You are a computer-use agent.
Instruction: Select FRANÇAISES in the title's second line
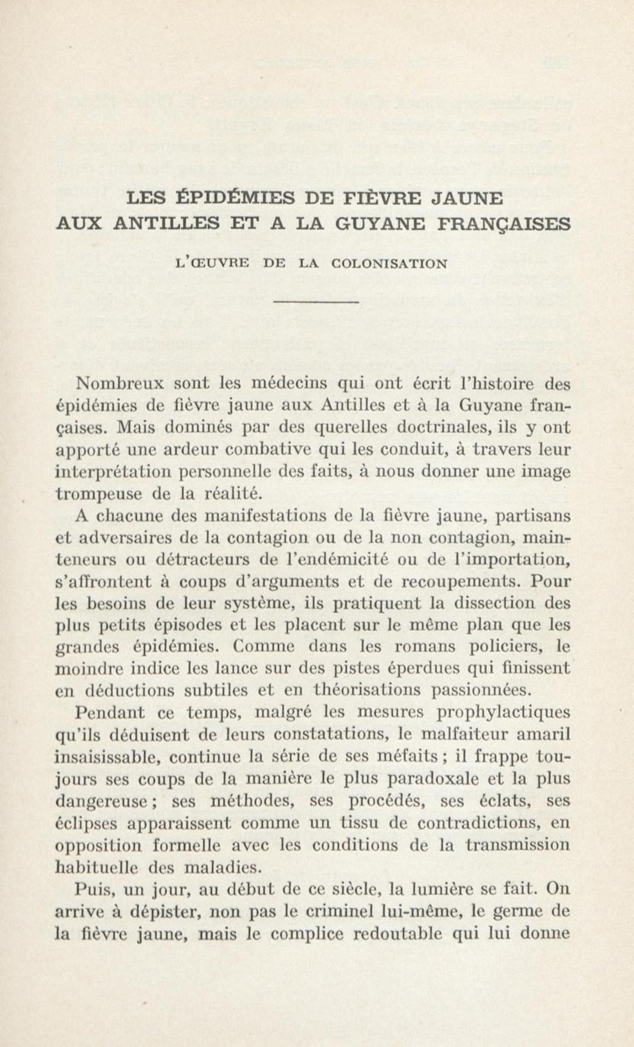point(504,223)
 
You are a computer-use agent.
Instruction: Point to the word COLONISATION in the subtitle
point(389,264)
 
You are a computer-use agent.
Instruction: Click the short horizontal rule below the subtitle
point(317,302)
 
